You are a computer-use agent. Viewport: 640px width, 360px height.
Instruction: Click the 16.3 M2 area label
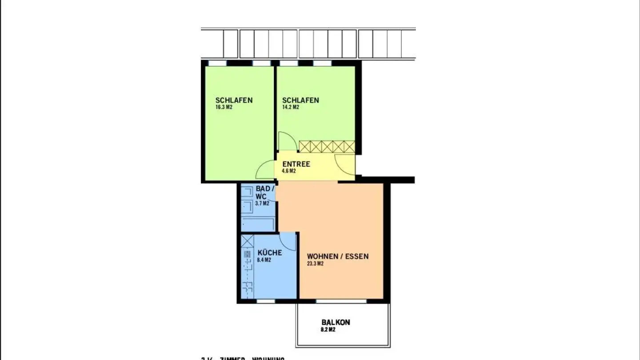[224, 107]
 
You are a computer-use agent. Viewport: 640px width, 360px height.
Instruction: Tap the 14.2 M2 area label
[291, 107]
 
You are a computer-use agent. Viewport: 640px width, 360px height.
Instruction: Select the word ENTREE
[296, 164]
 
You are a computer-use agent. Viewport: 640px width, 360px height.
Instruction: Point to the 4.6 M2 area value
[289, 171]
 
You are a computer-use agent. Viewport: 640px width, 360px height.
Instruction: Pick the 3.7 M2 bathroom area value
[262, 204]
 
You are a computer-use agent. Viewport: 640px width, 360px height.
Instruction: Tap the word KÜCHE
[269, 252]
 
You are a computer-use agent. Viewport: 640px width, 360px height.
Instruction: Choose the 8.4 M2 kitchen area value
[264, 260]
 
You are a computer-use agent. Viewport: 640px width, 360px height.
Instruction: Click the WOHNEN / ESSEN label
[337, 256]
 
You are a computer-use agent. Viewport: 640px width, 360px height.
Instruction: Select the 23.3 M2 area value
[315, 264]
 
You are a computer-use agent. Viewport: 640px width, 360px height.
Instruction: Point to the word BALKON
[336, 322]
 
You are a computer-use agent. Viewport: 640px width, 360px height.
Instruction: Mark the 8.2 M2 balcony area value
[328, 330]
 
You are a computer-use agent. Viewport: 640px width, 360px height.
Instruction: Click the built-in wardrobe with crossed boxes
[327, 147]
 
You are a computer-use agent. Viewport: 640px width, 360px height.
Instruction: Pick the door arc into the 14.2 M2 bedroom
[287, 141]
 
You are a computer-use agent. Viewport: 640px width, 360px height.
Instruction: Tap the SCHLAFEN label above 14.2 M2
[300, 100]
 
